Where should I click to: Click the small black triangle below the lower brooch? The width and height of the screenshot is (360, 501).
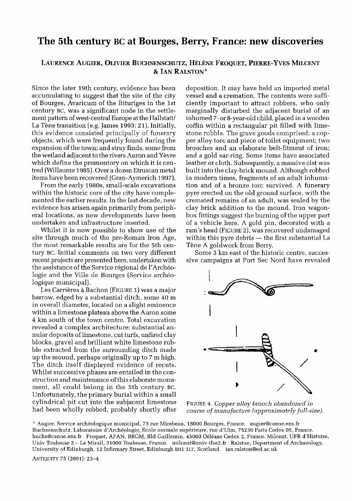coord(237,385)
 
